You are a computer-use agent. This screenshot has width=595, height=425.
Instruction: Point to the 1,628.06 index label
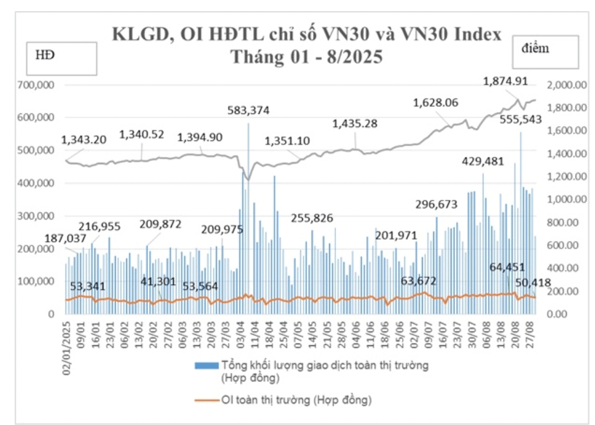[436, 103]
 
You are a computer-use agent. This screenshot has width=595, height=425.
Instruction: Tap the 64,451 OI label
[507, 267]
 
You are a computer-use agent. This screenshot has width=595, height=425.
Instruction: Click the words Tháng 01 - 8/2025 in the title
[306, 57]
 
